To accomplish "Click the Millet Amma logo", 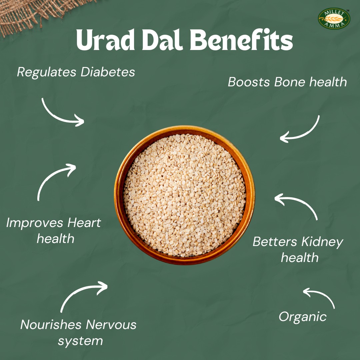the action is [x=334, y=19].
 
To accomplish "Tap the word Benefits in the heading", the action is [x=241, y=39].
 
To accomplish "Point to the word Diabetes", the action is [x=108, y=72].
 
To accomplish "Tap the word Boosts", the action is [x=249, y=82].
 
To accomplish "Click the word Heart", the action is [x=84, y=223].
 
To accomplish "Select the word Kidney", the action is [x=322, y=242].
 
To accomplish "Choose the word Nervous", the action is [x=111, y=325].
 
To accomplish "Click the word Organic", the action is [x=303, y=317].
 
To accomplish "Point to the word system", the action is [x=80, y=341].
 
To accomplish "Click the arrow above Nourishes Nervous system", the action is [x=78, y=291].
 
